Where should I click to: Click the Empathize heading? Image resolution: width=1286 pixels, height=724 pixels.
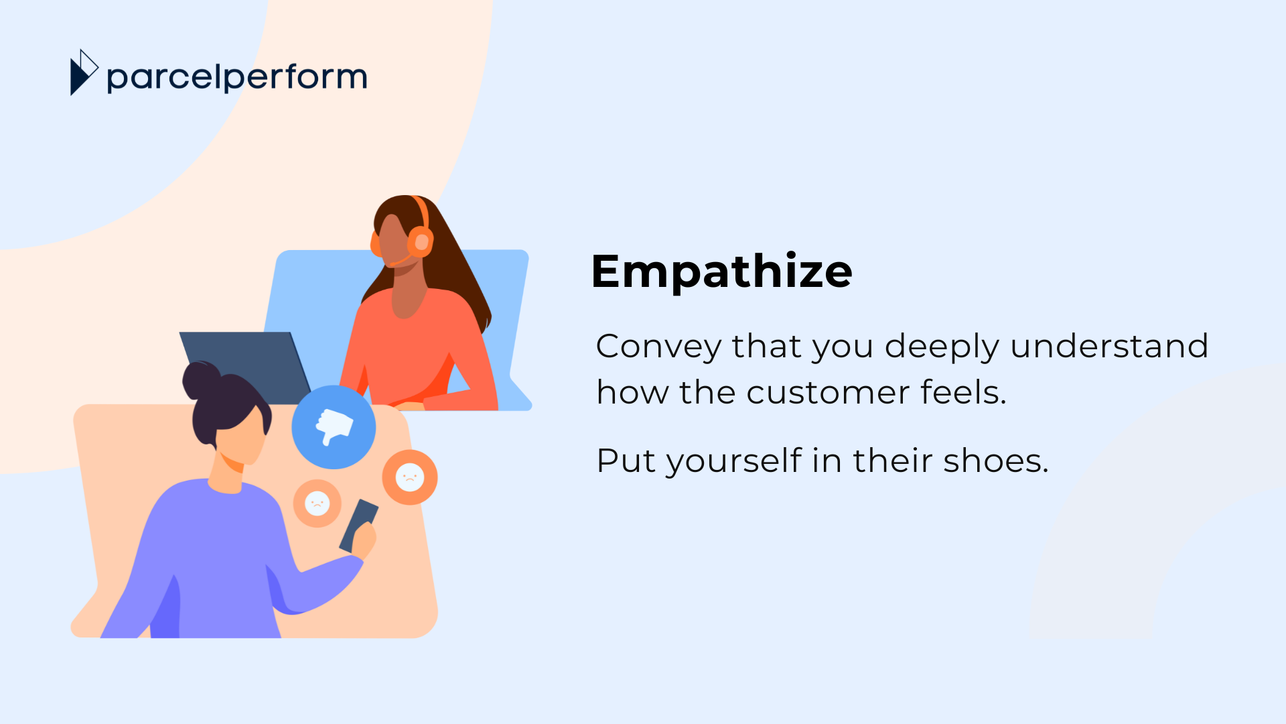pos(721,272)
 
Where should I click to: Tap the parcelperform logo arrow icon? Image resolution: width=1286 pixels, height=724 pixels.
pos(84,72)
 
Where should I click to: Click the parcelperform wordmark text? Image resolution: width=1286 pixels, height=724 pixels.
pos(237,78)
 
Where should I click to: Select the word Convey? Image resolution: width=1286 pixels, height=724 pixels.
pos(658,347)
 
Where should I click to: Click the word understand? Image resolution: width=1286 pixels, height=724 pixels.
pos(1109,346)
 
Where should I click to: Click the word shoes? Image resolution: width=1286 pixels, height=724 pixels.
pos(996,461)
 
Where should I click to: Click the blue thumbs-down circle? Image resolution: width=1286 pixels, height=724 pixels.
pos(334,427)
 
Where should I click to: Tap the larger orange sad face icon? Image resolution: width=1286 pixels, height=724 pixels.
pos(410,477)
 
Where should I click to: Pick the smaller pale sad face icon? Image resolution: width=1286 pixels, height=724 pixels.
pos(317,503)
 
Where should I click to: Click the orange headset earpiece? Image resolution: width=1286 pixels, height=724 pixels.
pos(421,242)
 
